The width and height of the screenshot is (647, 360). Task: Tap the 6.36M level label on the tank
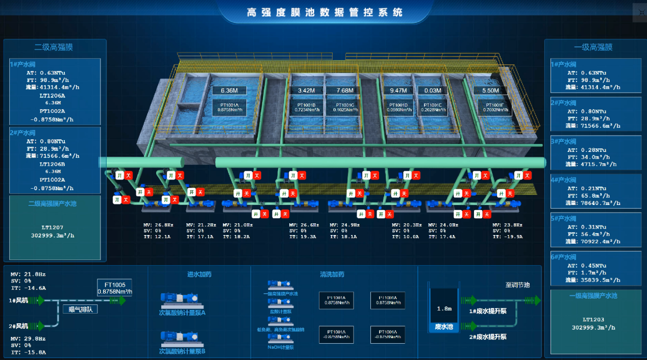click(229, 91)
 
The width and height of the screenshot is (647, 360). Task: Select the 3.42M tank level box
click(306, 91)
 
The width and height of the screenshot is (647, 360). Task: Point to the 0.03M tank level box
click(432, 91)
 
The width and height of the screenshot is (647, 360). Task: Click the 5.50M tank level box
click(490, 91)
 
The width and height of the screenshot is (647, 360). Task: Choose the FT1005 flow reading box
click(115, 288)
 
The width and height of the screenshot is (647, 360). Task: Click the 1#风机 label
click(18, 301)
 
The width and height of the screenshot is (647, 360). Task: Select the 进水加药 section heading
click(199, 274)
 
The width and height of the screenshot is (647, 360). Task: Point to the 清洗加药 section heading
click(332, 274)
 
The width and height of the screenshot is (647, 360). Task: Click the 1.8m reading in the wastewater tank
click(444, 308)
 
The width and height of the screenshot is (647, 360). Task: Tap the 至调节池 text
click(517, 285)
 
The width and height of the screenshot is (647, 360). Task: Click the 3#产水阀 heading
click(563, 141)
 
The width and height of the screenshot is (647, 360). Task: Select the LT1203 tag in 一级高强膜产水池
click(593, 319)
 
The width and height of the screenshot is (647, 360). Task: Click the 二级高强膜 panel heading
click(54, 47)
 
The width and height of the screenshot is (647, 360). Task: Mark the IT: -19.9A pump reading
click(508, 237)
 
